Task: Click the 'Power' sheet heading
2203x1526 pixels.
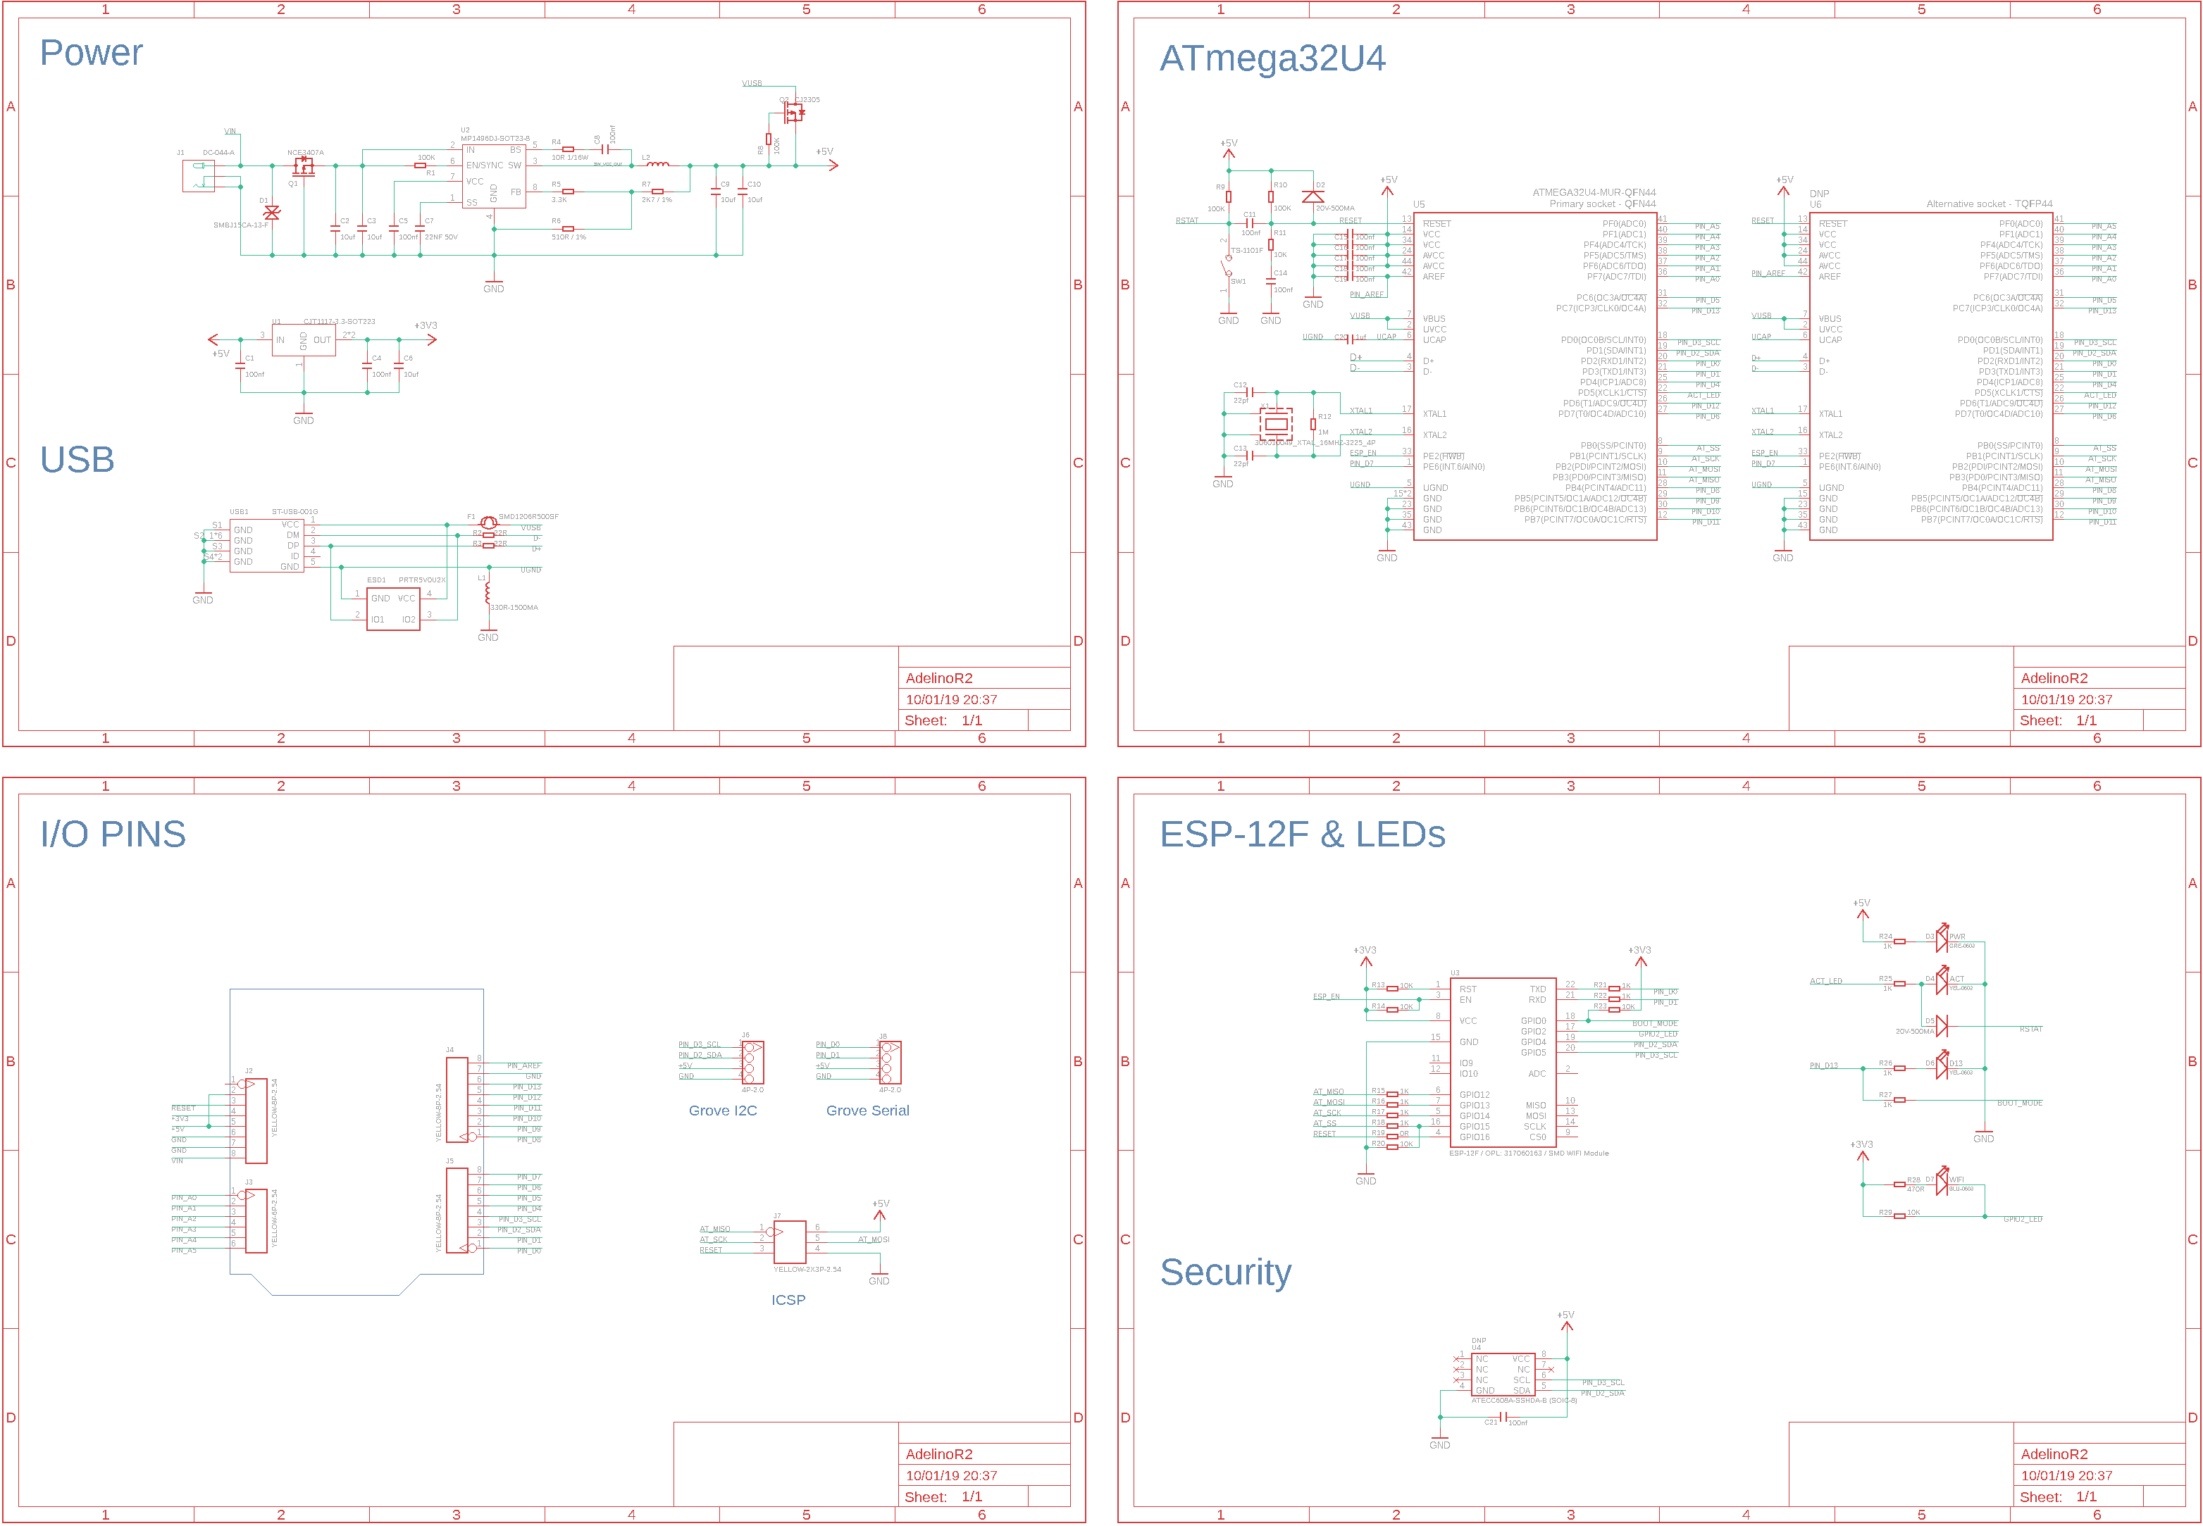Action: (91, 53)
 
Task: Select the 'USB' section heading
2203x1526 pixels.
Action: (77, 460)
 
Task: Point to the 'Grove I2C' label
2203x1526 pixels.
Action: (722, 1110)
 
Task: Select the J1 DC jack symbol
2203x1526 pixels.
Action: (199, 176)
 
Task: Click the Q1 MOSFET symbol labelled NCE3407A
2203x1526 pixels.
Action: (303, 166)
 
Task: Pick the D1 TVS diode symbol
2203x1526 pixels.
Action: (272, 212)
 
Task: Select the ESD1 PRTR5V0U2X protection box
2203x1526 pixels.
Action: (393, 608)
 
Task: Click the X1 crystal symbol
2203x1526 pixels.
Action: (1275, 423)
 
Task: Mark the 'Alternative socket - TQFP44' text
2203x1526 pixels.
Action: (1989, 204)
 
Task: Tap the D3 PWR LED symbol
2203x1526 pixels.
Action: (1941, 941)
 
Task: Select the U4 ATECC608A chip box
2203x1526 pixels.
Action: (1503, 1374)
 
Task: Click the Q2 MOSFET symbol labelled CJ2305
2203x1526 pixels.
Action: (793, 112)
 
